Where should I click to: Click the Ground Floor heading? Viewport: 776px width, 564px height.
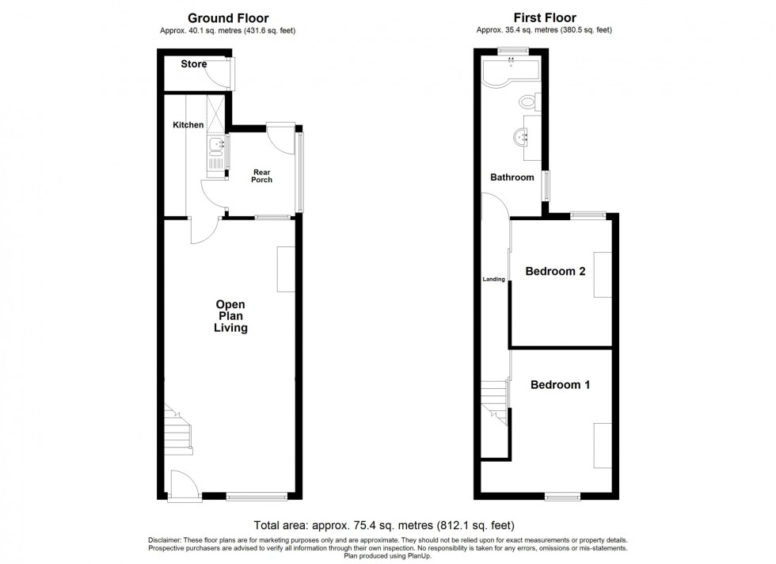click(227, 17)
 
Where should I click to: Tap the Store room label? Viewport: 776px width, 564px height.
click(193, 64)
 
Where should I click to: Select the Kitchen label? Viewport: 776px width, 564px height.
click(188, 125)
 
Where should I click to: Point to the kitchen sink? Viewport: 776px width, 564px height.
click(215, 146)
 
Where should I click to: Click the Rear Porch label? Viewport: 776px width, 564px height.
click(262, 176)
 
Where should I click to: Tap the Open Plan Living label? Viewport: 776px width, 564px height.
click(230, 316)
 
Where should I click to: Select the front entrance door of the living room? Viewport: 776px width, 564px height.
click(179, 482)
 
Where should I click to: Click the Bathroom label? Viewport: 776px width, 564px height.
click(512, 177)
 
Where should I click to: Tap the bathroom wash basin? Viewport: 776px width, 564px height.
click(522, 136)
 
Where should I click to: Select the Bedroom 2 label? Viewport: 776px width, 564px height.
click(555, 272)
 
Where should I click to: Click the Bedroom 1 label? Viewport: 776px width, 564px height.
click(560, 386)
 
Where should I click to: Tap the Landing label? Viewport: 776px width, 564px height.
click(494, 280)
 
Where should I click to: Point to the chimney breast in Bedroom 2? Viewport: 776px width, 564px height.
click(603, 274)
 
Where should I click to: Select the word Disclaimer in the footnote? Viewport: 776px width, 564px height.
click(165, 539)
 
